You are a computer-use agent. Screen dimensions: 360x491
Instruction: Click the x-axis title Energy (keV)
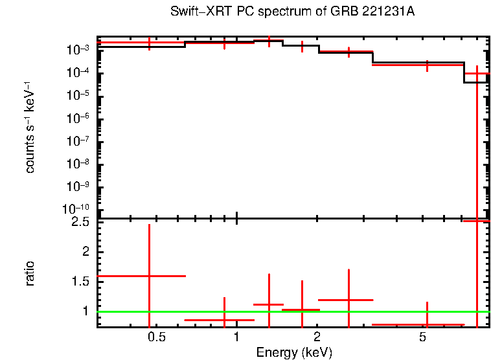point(294,352)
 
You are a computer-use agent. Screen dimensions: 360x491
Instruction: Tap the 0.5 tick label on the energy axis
point(156,337)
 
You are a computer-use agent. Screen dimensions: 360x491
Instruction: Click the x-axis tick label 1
point(236,337)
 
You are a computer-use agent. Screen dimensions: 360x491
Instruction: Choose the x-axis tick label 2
point(317,337)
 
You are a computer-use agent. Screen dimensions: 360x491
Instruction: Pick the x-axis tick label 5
point(422,337)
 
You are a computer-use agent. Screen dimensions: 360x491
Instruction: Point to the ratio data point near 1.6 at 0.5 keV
point(150,276)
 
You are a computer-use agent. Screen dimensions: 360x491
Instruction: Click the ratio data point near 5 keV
point(427,324)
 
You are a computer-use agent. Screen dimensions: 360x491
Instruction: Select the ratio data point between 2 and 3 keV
point(348,300)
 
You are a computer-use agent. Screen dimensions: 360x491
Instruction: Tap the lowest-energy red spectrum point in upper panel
point(150,43)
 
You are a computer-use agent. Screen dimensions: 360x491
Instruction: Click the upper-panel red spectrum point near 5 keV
point(427,65)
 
